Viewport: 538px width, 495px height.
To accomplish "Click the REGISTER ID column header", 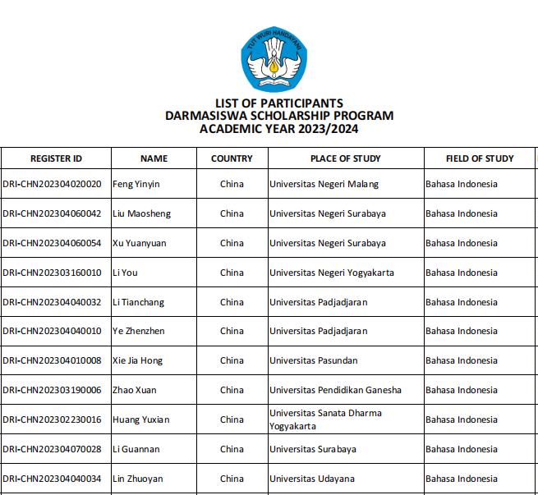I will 56,158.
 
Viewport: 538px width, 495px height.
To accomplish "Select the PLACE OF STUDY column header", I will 345,158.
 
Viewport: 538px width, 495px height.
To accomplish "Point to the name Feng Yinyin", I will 136,184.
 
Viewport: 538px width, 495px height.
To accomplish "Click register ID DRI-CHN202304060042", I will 52,213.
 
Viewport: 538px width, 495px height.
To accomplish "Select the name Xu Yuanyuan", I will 139,243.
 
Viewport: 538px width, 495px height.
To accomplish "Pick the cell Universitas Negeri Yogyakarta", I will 332,273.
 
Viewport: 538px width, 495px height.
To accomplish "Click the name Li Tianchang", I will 138,302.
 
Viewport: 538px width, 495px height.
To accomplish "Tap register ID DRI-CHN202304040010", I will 52,331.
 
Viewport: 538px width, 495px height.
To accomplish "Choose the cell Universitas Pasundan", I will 314,360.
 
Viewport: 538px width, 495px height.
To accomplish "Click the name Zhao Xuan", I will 134,390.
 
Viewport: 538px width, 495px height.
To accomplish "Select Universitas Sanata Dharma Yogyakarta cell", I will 325,419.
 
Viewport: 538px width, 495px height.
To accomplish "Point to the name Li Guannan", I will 136,449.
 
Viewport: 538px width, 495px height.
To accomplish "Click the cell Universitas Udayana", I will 312,479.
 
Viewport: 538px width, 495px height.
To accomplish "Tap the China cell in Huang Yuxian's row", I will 232,419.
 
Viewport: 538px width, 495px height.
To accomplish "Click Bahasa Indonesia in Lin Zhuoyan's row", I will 462,479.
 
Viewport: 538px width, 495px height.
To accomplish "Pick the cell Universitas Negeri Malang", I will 324,184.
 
